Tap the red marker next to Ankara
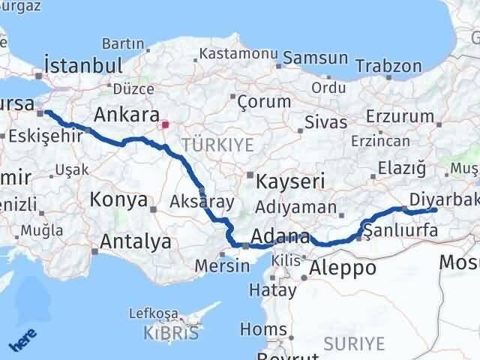166,124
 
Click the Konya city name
118,199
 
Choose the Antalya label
135,241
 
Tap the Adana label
281,237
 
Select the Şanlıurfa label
400,231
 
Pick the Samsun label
314,58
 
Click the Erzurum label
400,116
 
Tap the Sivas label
326,122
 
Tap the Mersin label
221,265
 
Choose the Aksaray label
202,201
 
